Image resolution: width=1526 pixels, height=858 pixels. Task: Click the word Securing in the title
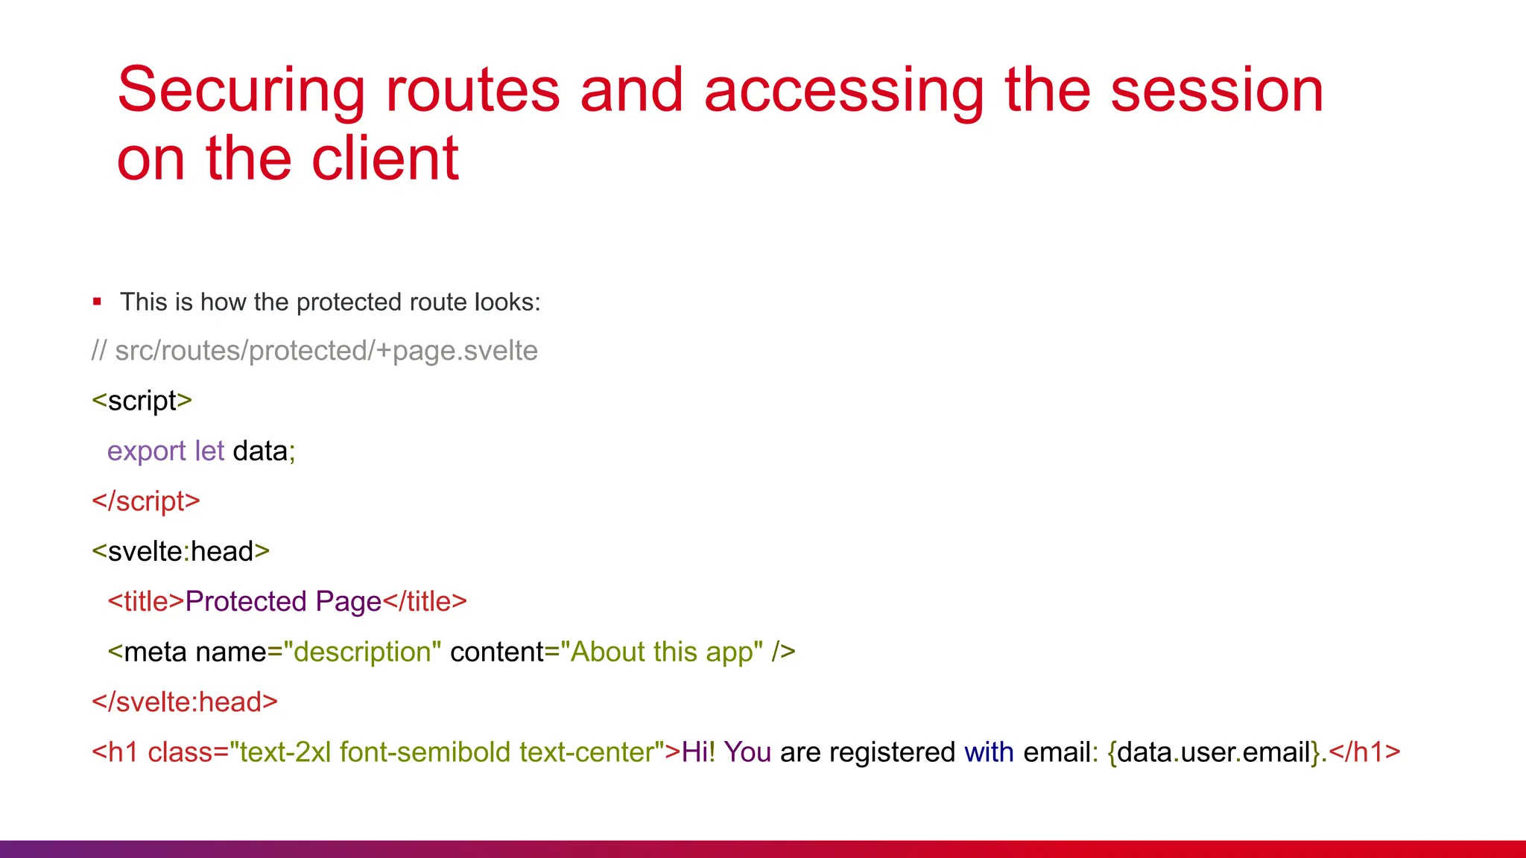[241, 91]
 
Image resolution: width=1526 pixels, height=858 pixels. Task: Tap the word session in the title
[1217, 91]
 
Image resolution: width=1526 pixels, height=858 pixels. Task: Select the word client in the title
[384, 159]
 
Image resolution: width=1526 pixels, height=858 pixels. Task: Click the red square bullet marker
[97, 302]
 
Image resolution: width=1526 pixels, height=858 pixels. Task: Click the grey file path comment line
[314, 351]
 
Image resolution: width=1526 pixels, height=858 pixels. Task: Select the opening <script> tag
[142, 401]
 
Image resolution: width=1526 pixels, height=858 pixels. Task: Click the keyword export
[146, 451]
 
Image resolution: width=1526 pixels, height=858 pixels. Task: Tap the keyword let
[209, 451]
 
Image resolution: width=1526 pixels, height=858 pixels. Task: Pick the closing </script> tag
[146, 501]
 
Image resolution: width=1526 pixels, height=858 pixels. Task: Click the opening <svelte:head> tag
[180, 552]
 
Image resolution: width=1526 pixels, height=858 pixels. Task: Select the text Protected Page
[283, 602]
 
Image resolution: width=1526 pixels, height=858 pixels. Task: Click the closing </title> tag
[425, 602]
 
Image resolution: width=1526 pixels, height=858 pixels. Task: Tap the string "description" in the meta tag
[363, 652]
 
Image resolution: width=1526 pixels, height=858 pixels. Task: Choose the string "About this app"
[662, 652]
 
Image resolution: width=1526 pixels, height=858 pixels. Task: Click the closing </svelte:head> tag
[185, 702]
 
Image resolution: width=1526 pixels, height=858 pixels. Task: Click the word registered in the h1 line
[892, 752]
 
